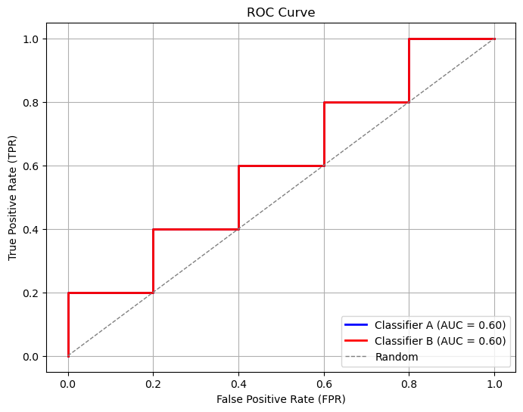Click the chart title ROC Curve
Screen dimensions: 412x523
(281, 12)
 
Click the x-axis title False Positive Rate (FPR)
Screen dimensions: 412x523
(281, 398)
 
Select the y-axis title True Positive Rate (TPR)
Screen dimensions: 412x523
(13, 197)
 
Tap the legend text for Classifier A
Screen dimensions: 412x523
(440, 325)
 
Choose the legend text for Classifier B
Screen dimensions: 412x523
(440, 341)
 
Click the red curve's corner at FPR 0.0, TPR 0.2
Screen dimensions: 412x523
(68, 293)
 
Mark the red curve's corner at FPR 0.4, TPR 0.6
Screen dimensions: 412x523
(238, 166)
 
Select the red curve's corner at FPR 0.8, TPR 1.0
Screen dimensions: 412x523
(409, 39)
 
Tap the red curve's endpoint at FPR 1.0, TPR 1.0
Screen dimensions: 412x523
(494, 39)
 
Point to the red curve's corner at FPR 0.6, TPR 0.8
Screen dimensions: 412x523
(324, 102)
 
